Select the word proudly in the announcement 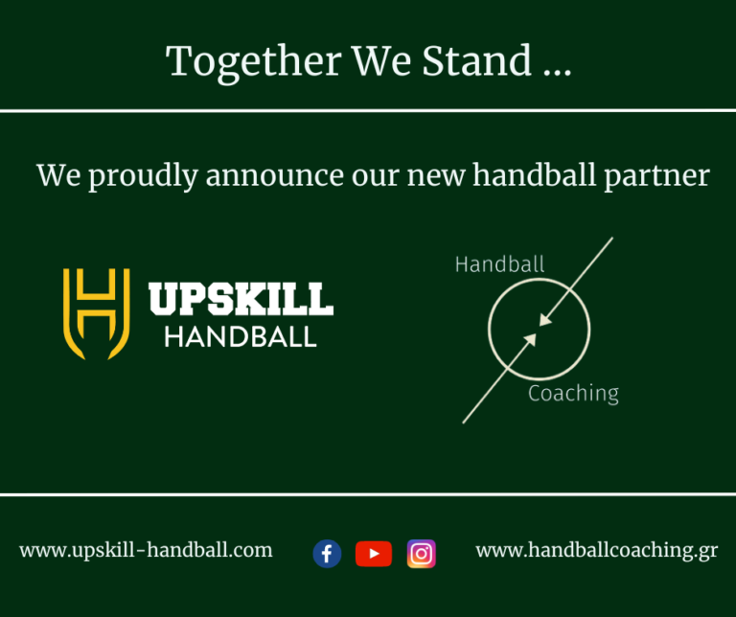[x=147, y=176]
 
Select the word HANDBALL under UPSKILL [x=240, y=337]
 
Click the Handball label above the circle [x=499, y=264]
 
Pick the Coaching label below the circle [x=573, y=394]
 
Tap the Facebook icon [x=327, y=554]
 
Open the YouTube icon [x=374, y=554]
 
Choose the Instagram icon [x=422, y=554]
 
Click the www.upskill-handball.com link [x=146, y=551]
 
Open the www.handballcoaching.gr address [x=596, y=551]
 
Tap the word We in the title [x=382, y=61]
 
